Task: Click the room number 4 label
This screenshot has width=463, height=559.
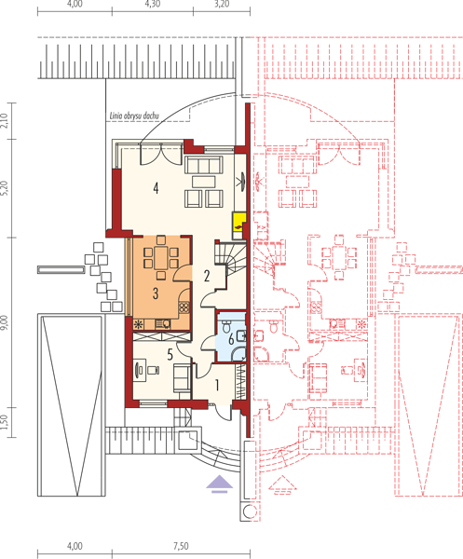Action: [156, 188]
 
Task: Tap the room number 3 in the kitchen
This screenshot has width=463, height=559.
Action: [156, 293]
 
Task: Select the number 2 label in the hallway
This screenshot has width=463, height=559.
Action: [207, 276]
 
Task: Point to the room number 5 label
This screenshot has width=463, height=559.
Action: [170, 354]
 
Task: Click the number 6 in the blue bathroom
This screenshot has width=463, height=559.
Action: [231, 339]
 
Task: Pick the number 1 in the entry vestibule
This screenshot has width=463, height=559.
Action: [217, 385]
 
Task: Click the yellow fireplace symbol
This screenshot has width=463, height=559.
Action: [238, 222]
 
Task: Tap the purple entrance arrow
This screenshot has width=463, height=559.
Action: [220, 484]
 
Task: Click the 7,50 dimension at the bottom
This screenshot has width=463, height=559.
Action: [181, 546]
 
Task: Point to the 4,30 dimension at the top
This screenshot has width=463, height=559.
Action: [153, 4]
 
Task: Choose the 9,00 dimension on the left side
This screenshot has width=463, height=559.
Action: [5, 322]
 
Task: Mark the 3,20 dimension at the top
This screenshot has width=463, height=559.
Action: [222, 4]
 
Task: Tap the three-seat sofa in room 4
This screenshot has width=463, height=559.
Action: [203, 165]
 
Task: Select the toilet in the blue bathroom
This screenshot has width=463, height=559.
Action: [226, 324]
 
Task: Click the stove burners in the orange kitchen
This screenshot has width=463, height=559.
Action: [184, 307]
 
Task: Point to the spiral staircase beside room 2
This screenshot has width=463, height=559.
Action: [231, 257]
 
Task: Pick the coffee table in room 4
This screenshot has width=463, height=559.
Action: [203, 182]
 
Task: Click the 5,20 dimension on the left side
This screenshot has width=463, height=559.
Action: [5, 188]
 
